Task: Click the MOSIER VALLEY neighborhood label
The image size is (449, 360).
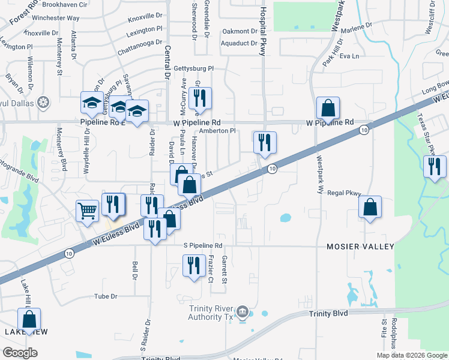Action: coord(360,247)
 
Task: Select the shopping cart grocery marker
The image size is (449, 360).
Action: coord(87,211)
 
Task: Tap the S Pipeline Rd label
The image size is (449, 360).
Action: coord(202,245)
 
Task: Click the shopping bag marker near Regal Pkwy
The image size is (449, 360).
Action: coord(370,208)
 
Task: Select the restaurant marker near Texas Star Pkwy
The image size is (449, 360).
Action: coord(435,166)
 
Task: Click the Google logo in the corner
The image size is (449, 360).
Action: coord(20,352)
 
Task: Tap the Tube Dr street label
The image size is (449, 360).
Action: coord(105,296)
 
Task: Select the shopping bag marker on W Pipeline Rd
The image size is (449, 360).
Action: coord(328,109)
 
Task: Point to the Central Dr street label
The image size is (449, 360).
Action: coord(167,63)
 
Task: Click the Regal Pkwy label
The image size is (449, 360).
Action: coord(344,193)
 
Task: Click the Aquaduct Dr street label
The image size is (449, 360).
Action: coord(238,43)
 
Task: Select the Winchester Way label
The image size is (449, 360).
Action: coord(56,18)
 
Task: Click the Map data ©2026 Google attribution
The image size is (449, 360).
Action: coord(411,355)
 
